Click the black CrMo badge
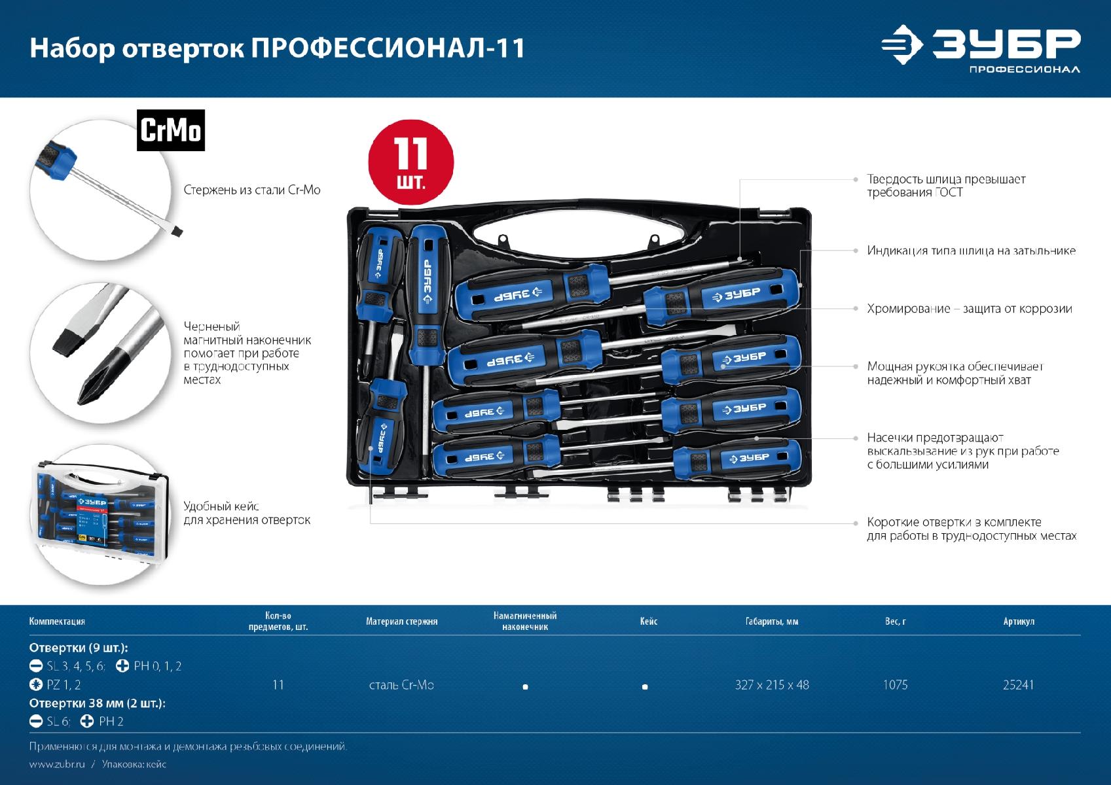click(x=171, y=130)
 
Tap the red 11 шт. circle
click(x=410, y=162)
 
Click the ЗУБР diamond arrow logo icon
click(x=902, y=44)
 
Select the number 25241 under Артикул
click(x=1018, y=685)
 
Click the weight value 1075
click(x=895, y=685)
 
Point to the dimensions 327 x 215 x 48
click(x=772, y=685)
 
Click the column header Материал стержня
click(x=402, y=621)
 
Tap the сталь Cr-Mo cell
click(x=402, y=685)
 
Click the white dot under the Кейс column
click(x=645, y=687)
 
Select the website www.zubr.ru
click(x=57, y=764)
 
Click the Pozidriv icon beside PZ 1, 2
click(x=36, y=684)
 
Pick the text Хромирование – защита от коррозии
click(x=969, y=309)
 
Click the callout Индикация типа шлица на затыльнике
click(x=971, y=251)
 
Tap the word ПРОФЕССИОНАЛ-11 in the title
click(x=388, y=48)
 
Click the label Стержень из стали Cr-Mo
click(x=252, y=190)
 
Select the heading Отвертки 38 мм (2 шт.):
click(x=97, y=703)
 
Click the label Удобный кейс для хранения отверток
click(x=247, y=513)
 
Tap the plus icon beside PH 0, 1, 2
click(x=122, y=665)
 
